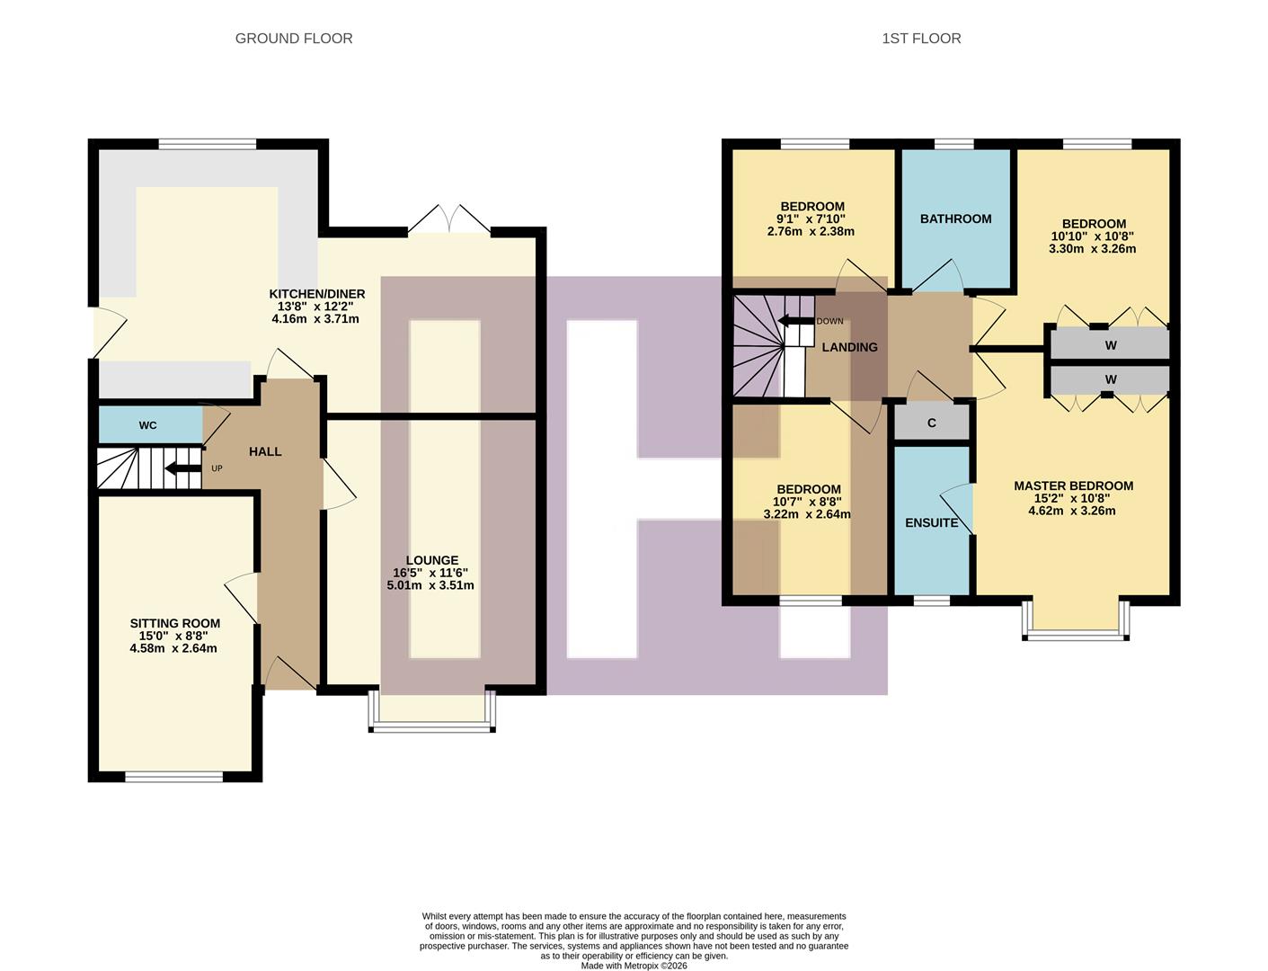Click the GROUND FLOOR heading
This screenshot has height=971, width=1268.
click(293, 39)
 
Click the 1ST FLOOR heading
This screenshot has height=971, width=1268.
click(921, 39)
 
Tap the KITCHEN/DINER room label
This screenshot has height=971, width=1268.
click(316, 294)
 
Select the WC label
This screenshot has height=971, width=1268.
click(147, 425)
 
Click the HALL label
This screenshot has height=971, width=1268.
click(265, 451)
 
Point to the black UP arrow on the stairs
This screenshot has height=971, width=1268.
click(183, 468)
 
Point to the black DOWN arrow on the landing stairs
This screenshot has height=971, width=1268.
click(795, 321)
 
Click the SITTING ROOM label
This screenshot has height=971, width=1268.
click(174, 623)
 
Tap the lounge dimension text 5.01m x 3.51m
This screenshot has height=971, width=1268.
click(430, 585)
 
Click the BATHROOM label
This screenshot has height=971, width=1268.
click(955, 218)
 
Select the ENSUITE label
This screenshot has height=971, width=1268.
click(931, 522)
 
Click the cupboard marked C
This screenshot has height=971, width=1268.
click(931, 423)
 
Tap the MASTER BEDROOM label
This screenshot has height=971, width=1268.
click(1073, 485)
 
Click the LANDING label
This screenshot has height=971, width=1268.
click(849, 347)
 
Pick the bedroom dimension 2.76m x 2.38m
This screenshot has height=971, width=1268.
click(811, 231)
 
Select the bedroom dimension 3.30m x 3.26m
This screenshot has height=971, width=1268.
click(1092, 248)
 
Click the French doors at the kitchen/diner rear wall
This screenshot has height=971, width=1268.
click(448, 221)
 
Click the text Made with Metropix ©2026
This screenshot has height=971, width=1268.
click(634, 966)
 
